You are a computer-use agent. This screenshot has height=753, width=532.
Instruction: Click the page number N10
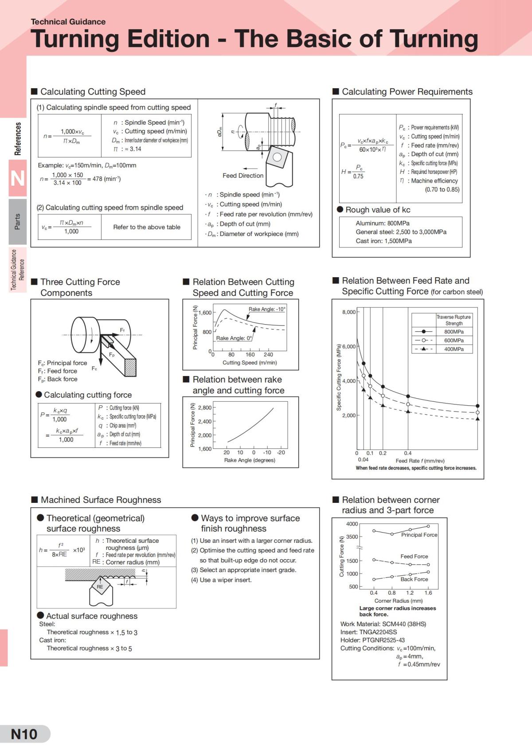[24, 734]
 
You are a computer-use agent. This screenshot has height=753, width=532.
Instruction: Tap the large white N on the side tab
[17, 179]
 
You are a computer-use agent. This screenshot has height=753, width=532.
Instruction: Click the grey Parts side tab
[17, 221]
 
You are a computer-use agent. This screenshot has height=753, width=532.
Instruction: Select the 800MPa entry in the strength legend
[454, 332]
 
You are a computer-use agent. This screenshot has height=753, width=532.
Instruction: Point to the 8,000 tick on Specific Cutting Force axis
[349, 312]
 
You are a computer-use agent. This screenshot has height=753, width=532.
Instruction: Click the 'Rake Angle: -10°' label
[267, 309]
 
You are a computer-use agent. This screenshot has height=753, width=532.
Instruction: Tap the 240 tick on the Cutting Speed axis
[268, 355]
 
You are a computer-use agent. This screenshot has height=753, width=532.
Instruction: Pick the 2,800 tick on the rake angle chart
[205, 408]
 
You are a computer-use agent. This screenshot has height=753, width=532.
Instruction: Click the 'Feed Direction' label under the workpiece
[243, 176]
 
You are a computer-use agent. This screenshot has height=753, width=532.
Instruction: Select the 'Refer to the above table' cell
[147, 227]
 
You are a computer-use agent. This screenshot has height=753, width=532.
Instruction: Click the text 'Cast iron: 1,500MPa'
[383, 241]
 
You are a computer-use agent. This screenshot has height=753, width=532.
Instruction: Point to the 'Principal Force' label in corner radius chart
[419, 535]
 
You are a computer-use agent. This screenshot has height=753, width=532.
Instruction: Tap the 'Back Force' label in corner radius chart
[414, 579]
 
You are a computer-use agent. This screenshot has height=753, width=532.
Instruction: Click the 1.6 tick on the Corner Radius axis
[428, 593]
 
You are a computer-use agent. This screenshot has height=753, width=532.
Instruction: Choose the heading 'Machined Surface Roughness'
[101, 500]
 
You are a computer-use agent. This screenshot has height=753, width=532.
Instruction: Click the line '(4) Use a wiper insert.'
[221, 580]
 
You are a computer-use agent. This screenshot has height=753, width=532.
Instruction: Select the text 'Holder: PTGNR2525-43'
[372, 640]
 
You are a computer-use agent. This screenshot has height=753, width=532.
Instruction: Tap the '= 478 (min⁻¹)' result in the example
[104, 179]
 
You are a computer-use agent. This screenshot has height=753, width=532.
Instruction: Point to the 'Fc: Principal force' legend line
[63, 363]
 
